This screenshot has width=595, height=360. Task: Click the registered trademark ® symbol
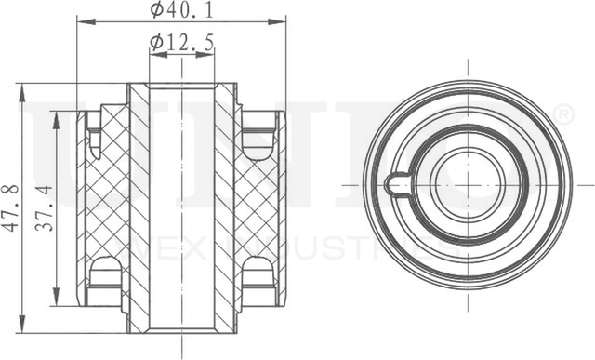click(x=563, y=114)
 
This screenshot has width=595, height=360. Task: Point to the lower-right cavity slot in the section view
click(x=257, y=272)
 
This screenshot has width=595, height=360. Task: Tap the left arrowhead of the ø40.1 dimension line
click(x=81, y=20)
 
